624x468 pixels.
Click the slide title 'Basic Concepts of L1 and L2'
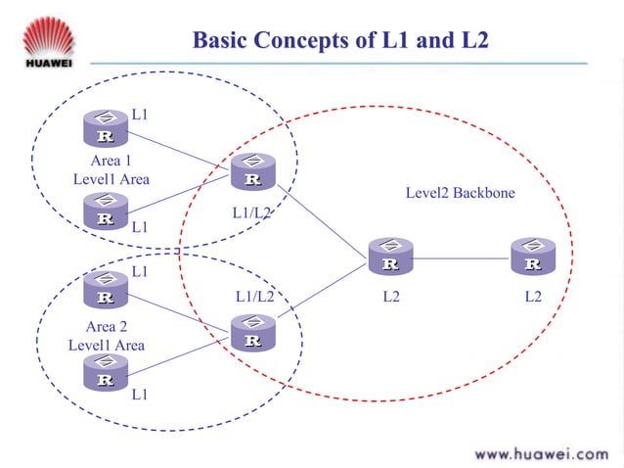tap(339, 40)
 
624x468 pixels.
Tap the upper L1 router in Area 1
tap(105, 128)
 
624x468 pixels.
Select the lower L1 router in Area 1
tap(105, 211)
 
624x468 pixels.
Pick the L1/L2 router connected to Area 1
tap(252, 172)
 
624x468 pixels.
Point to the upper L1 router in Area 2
tap(105, 290)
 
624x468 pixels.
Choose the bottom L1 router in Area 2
tap(105, 372)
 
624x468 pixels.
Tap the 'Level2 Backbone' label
tap(460, 193)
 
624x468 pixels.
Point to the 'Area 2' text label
tap(107, 327)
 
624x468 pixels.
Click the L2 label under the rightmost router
tap(533, 296)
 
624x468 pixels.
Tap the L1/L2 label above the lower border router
tap(254, 295)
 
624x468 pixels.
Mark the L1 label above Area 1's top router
tap(140, 116)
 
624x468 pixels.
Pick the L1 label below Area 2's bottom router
tap(140, 395)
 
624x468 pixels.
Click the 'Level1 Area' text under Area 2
tap(107, 345)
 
